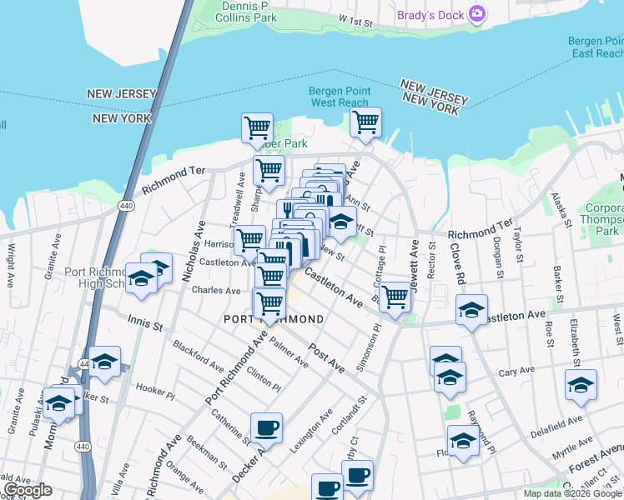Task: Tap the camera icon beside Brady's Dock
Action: tap(477, 12)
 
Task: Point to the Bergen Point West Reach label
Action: tap(339, 97)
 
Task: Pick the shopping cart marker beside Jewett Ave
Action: tap(395, 297)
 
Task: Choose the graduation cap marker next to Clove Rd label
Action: tap(471, 312)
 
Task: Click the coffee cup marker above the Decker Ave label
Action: tap(266, 428)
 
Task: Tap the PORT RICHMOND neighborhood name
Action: tap(274, 319)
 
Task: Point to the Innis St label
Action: tap(144, 322)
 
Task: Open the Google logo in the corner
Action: tap(28, 490)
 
